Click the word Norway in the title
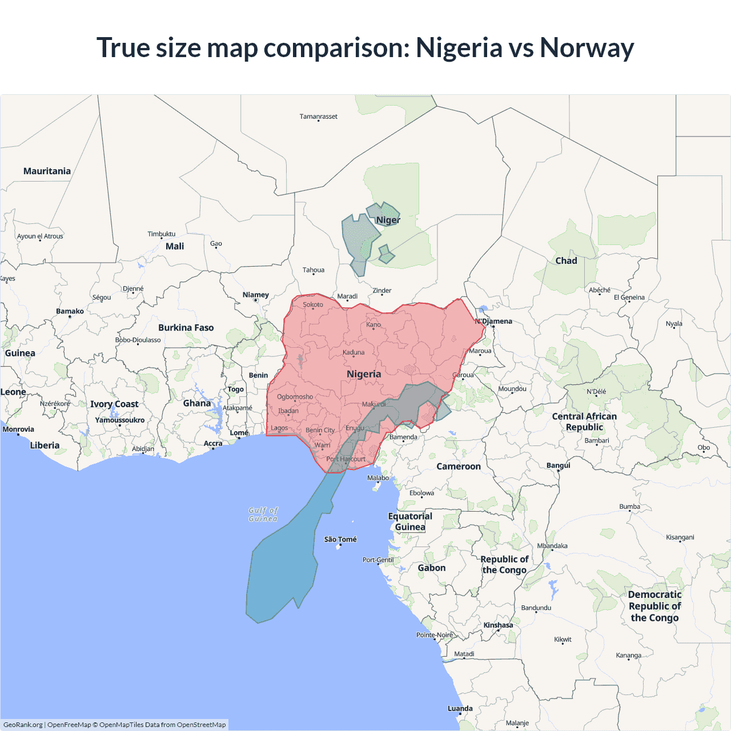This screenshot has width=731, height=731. point(587,47)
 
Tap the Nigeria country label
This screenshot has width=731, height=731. point(364,374)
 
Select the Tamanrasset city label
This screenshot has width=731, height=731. point(318,117)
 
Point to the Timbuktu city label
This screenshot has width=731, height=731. point(162,234)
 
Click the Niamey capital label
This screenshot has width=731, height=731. point(255,295)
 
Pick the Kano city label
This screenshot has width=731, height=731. point(373,324)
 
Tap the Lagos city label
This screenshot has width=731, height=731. point(279,428)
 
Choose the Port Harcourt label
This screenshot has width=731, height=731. point(346,459)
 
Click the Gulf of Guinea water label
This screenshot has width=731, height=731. point(263,515)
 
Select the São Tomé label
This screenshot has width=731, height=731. point(340,539)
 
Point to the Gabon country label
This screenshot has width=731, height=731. point(432,568)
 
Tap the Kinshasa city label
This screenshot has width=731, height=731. point(498,625)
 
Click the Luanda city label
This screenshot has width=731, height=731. point(460,708)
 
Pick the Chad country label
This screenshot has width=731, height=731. point(566,260)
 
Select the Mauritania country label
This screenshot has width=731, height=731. point(47,171)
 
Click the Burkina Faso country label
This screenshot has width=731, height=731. point(186,327)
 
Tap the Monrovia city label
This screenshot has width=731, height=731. point(18,429)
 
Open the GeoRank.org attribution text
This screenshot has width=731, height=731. point(23,725)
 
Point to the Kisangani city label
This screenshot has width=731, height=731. point(680,537)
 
